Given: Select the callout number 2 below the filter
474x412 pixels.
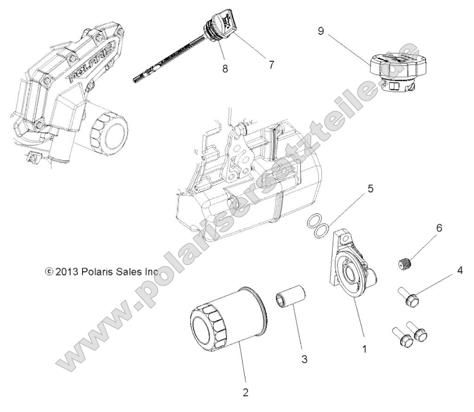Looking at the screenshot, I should (246, 393).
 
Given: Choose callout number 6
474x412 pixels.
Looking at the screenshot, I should (438, 228).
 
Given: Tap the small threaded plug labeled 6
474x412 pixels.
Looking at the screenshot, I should (406, 264).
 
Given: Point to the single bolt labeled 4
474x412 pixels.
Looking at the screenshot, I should (408, 296).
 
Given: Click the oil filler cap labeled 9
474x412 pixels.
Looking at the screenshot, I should (394, 70).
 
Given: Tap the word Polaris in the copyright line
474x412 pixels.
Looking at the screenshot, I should (98, 271).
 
